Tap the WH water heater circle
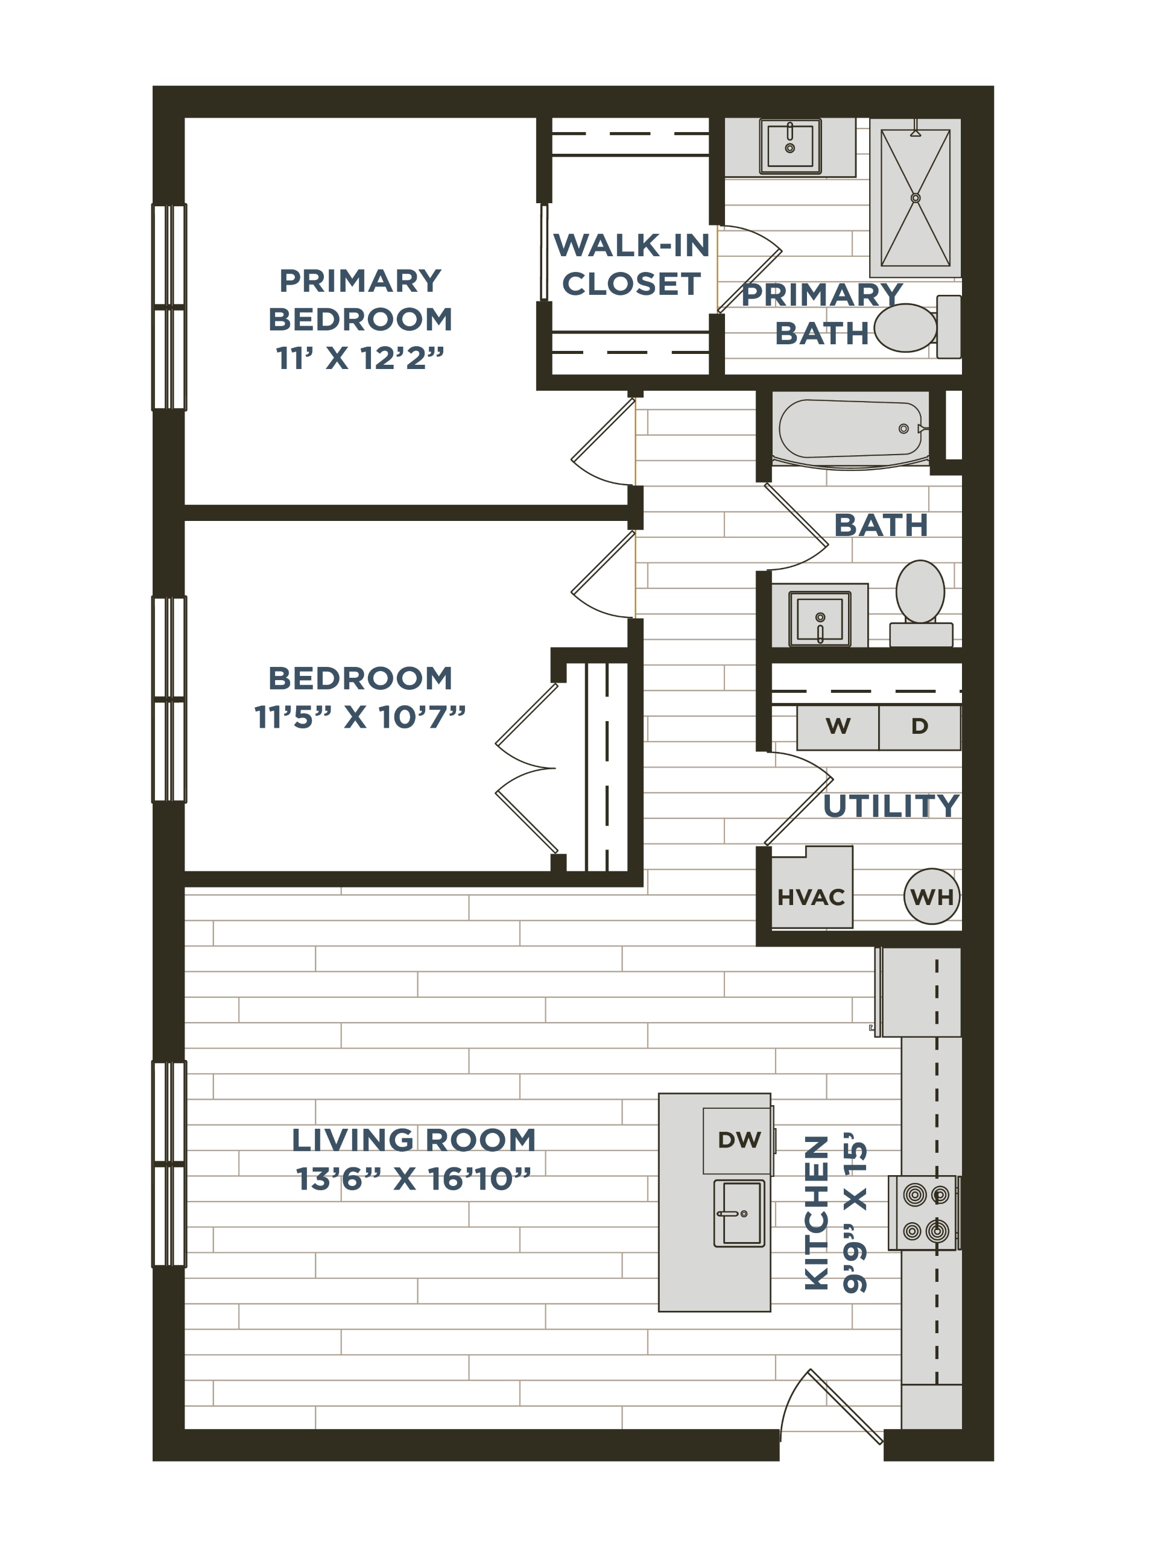coord(932,896)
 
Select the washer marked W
coord(838,727)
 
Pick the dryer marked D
coord(920,727)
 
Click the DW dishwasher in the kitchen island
coord(739,1140)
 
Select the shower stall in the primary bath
coord(915,198)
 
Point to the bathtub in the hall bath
coord(850,429)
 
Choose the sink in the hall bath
coord(820,619)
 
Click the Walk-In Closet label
coord(631,264)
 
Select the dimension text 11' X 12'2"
coord(360,358)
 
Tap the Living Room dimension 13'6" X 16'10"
coord(414,1179)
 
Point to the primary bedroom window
coord(169,307)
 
